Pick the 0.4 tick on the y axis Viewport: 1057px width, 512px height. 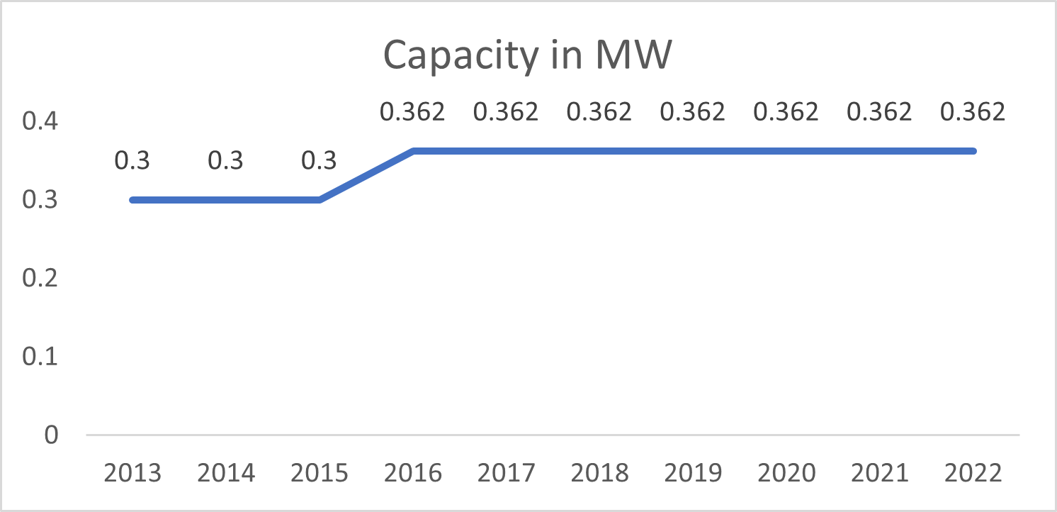click(x=40, y=123)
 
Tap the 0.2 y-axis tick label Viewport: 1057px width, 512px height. click(x=40, y=279)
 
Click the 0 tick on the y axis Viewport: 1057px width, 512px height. click(x=50, y=435)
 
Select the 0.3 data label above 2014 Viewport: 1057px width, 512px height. click(x=225, y=162)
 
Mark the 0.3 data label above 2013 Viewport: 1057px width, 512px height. click(x=132, y=162)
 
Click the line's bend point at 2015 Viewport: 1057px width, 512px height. click(x=319, y=200)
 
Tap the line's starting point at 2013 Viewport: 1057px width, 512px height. click(x=133, y=200)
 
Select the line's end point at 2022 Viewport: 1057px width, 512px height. click(x=972, y=151)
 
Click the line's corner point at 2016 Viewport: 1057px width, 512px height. click(x=413, y=151)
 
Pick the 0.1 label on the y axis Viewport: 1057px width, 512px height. click(x=40, y=357)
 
